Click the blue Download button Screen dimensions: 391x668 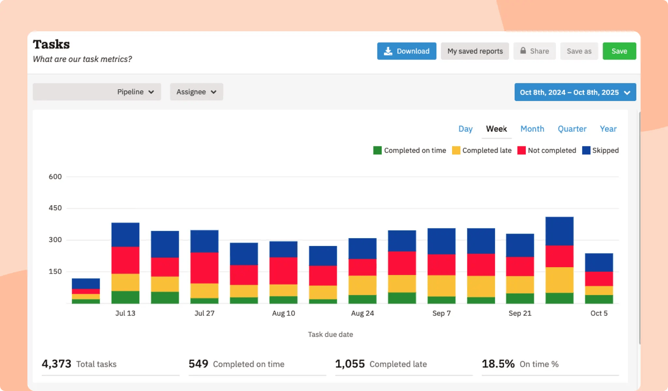pyautogui.click(x=406, y=51)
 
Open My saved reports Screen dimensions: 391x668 pyautogui.click(x=475, y=51)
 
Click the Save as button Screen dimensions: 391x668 pyautogui.click(x=579, y=51)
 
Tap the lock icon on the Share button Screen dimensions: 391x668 pyautogui.click(x=523, y=51)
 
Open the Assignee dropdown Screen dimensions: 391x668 pyautogui.click(x=196, y=92)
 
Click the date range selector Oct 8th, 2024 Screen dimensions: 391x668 pyautogui.click(x=575, y=92)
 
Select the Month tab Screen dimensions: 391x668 pyautogui.click(x=532, y=129)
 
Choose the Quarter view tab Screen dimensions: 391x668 pyautogui.click(x=572, y=129)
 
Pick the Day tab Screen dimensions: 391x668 pyautogui.click(x=465, y=129)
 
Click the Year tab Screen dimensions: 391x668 pyautogui.click(x=608, y=129)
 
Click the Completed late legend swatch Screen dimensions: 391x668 pyautogui.click(x=456, y=150)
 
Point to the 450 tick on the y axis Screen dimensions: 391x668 pyautogui.click(x=55, y=208)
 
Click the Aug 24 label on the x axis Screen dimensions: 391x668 pyautogui.click(x=362, y=313)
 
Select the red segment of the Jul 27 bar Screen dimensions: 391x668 pyautogui.click(x=204, y=268)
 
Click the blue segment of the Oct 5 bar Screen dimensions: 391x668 pyautogui.click(x=599, y=262)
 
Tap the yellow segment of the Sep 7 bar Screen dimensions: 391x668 pyautogui.click(x=441, y=286)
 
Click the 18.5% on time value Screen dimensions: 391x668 pyautogui.click(x=498, y=364)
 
